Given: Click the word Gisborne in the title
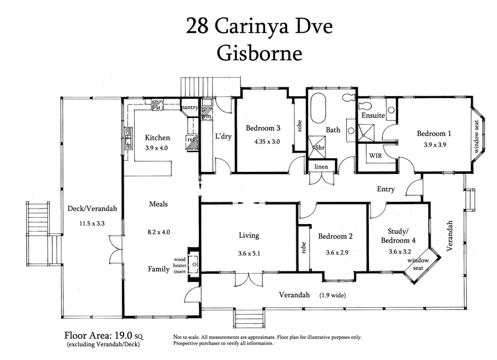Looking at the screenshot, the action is coord(259,53).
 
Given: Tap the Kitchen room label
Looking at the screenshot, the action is coord(157,137).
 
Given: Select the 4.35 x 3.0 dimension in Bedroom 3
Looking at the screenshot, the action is coord(267,142).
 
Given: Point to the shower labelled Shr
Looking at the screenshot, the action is coord(317,147).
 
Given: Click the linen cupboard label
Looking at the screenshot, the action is coord(321,166).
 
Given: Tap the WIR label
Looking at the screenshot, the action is coord(375,155).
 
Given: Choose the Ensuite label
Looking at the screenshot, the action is coord(373,115).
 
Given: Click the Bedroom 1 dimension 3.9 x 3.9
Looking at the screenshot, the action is coord(435,145).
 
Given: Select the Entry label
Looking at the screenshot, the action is coord(385,189).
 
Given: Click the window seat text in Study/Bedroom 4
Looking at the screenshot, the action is coord(418,264).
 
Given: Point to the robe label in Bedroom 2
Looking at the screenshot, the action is coord(304,248).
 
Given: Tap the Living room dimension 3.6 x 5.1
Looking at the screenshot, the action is coord(249,253).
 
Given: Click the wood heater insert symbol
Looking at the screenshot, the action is coord(193,264).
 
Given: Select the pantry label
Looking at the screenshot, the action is coord(189,107).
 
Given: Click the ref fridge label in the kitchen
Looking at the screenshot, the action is coord(191,139).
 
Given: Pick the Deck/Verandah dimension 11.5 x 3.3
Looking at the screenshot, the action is coord(92,223).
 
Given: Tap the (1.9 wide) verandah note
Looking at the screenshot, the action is coord(332,295).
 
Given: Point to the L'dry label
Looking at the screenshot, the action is coord(223,137).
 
